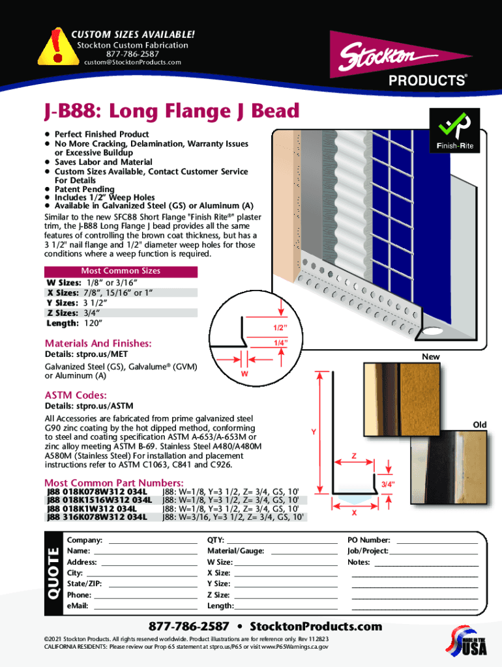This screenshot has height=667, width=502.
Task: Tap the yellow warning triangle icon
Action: (x=58, y=47)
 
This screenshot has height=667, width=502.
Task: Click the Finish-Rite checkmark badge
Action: (x=455, y=130)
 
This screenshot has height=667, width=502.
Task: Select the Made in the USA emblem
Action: (x=467, y=641)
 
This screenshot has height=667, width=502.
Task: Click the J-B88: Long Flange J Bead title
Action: (x=172, y=111)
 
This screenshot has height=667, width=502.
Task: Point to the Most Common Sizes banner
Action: (x=121, y=272)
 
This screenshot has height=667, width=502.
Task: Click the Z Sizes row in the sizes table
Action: (x=121, y=313)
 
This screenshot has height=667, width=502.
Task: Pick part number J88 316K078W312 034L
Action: (x=97, y=517)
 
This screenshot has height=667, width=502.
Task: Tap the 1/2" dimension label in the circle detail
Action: (x=280, y=328)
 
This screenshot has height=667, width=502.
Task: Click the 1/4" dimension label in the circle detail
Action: (x=280, y=343)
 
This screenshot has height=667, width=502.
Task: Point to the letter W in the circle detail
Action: (x=244, y=374)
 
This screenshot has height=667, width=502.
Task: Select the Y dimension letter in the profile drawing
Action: (x=314, y=432)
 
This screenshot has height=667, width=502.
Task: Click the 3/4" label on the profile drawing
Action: (x=388, y=484)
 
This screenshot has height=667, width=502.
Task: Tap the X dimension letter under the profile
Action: (x=354, y=513)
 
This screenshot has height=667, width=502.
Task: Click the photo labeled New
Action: (x=402, y=399)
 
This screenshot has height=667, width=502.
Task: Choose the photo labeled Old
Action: (x=449, y=467)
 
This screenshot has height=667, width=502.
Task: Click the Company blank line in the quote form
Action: (x=153, y=543)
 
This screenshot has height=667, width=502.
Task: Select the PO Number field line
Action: (x=437, y=543)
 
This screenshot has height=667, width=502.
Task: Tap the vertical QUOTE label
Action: (x=53, y=573)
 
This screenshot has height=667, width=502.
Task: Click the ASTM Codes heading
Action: (x=76, y=395)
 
